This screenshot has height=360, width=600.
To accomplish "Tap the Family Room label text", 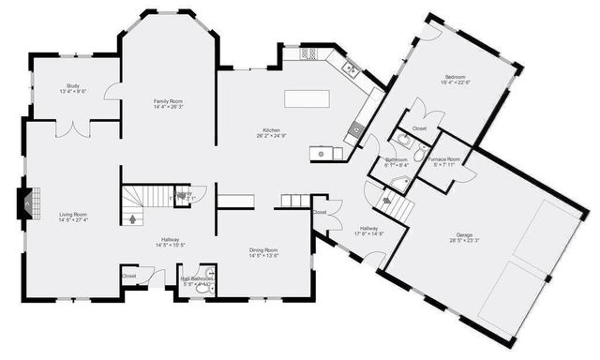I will click(x=168, y=102).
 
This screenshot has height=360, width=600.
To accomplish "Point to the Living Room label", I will click(x=73, y=217).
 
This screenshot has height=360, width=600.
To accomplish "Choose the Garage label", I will click(x=466, y=237).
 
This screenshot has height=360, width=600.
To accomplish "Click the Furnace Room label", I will click(x=445, y=162).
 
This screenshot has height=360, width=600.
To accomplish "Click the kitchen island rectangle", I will click(x=308, y=98).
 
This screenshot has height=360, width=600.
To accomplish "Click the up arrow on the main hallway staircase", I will click(x=132, y=218).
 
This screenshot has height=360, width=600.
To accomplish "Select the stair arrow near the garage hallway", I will click(x=386, y=198).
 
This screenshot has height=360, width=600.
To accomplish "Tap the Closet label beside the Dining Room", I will click(x=320, y=213).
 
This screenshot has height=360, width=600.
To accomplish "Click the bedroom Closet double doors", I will click(x=419, y=118).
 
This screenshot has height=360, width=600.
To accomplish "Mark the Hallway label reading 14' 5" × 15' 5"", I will click(x=170, y=242).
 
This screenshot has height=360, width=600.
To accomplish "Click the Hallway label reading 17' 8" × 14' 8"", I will click(x=367, y=231).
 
